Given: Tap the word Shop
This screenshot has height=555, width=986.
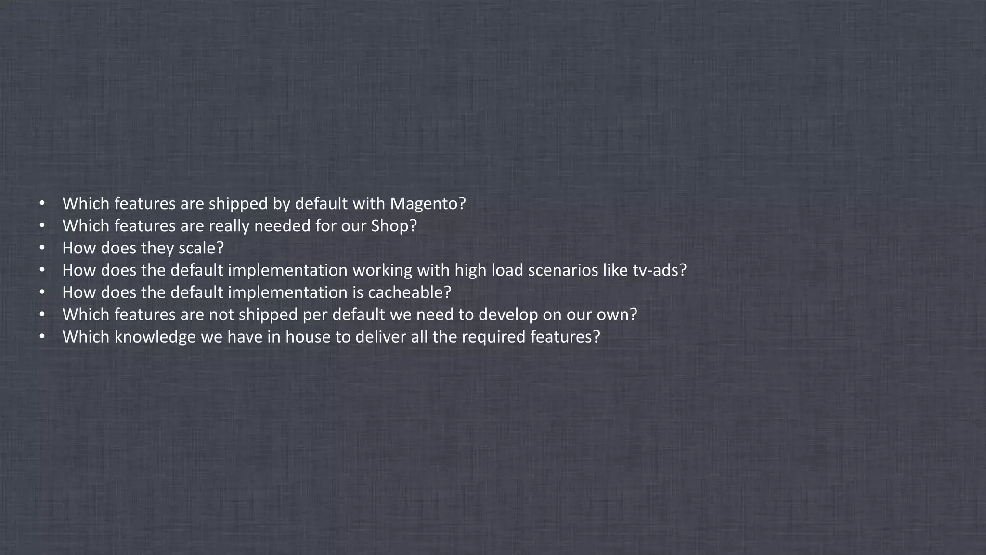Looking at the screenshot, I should (x=389, y=226).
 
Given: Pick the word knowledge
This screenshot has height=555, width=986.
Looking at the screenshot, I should (x=155, y=337).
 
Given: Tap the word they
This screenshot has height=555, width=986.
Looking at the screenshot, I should (x=157, y=248).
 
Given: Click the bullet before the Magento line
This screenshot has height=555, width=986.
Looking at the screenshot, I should (x=42, y=204).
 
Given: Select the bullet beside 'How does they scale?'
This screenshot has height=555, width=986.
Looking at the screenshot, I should (x=42, y=248).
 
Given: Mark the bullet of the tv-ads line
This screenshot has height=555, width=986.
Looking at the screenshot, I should (x=42, y=270).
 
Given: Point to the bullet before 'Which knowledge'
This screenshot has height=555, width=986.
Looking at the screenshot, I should (x=42, y=337).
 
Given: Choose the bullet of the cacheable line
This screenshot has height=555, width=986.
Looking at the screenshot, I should (x=42, y=292).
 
